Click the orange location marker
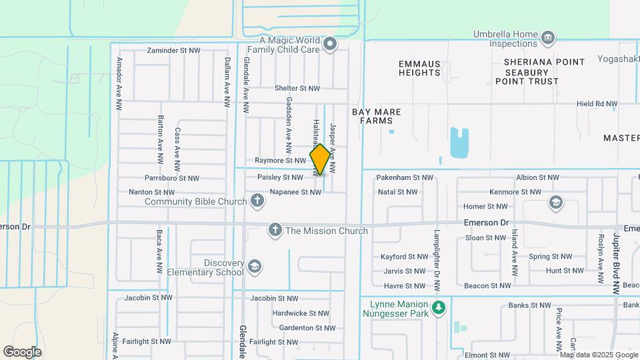tap(320, 159)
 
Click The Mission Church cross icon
tap(274, 231)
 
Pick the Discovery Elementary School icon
tap(253, 267)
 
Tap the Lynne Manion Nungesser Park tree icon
tap(438, 307)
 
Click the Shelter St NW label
tap(297, 88)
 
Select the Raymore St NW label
tap(280, 161)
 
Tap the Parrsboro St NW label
tap(172, 178)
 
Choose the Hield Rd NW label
tap(597, 104)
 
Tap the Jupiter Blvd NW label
tap(616, 263)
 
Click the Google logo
tap(22, 351)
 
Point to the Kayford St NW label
tap(404, 257)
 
